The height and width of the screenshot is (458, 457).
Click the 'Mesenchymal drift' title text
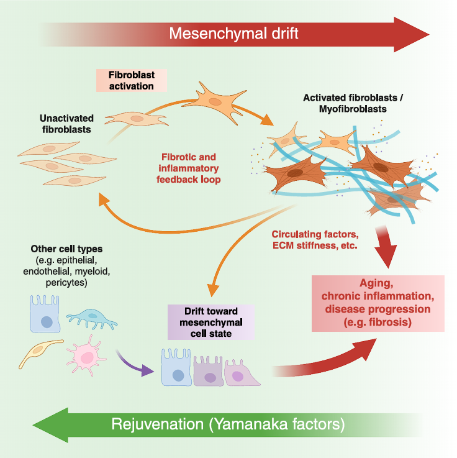(235, 33)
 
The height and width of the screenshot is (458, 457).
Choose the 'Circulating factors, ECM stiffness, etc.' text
(315, 240)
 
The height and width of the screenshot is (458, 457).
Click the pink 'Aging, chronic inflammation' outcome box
(378, 303)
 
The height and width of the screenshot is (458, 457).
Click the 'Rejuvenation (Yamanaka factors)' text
(228, 425)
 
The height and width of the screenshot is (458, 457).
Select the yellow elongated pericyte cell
(40, 352)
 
